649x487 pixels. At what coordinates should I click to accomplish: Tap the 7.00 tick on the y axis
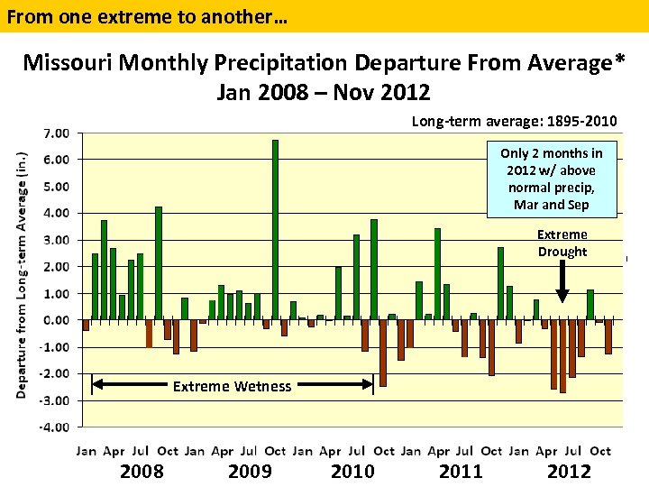click(57, 133)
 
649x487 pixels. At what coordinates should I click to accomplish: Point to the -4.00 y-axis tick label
click(55, 427)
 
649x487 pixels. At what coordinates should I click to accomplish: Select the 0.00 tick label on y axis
click(57, 320)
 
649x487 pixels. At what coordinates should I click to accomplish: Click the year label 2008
click(142, 471)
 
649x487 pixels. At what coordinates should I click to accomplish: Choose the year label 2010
click(352, 471)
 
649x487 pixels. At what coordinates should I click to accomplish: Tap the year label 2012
click(569, 471)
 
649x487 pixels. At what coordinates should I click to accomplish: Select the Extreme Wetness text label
click(232, 386)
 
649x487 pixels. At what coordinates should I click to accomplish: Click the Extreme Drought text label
click(562, 243)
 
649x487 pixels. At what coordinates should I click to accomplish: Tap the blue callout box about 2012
click(552, 179)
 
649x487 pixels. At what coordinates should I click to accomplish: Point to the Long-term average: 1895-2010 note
click(514, 121)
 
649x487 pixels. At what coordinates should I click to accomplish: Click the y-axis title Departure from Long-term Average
click(21, 274)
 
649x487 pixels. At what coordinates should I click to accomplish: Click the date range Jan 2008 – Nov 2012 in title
click(324, 92)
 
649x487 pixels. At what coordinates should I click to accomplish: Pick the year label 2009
click(251, 471)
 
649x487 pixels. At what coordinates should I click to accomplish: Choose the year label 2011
click(461, 471)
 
